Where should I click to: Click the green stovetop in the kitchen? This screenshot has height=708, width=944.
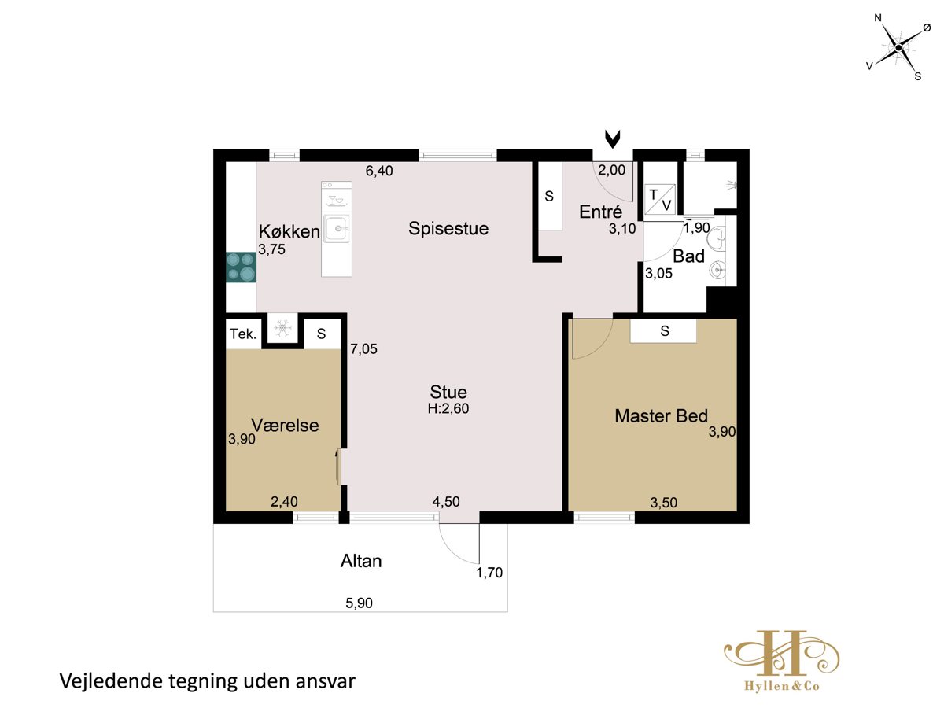coord(241,267)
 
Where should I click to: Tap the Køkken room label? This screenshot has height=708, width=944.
coord(289,232)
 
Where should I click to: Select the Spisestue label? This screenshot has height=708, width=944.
coord(448,229)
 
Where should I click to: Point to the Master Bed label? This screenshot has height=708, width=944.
coord(661,415)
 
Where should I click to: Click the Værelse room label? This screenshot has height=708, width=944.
coord(285,425)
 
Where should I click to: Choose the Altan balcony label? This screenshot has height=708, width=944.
coord(361,561)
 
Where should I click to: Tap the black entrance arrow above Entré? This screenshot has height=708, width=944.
coord(612,139)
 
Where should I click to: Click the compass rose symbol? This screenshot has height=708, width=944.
coord(898,48)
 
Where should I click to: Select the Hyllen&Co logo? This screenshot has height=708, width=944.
coord(781,661)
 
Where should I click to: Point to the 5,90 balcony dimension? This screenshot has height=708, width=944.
coord(359,603)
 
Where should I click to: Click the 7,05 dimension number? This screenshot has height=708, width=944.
coord(363,348)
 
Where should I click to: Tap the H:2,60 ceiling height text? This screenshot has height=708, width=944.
coord(448,408)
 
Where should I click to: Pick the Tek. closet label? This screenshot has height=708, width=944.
coord(243,334)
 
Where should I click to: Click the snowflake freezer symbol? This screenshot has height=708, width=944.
coord(282,328)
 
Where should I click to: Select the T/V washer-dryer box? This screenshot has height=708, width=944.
coord(660,200)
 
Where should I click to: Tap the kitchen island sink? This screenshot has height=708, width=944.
coord(337,228)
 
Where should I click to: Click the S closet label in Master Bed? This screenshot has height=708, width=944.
coord(665,330)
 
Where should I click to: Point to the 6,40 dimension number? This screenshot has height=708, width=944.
coord(379,171)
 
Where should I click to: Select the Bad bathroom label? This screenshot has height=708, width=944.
coord(688,256)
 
